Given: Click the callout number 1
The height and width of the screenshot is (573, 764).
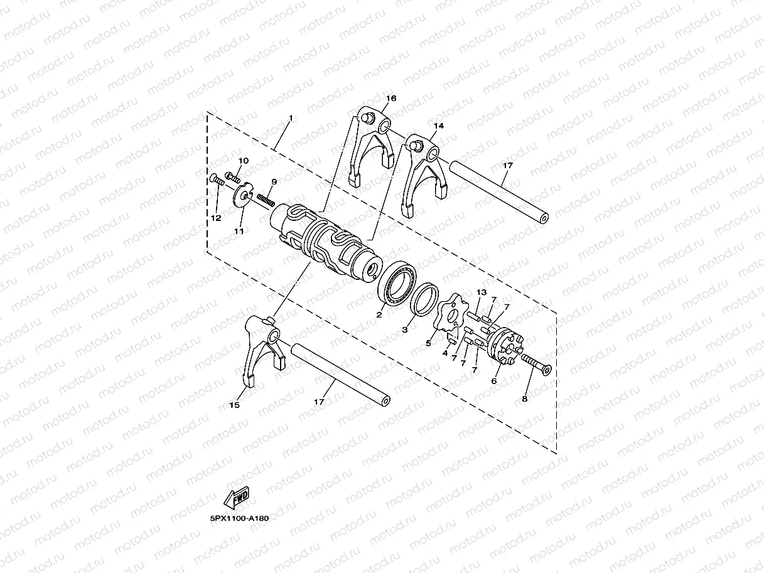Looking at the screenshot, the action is tap(291, 119).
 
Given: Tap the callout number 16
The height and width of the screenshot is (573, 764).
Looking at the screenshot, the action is tap(391, 99).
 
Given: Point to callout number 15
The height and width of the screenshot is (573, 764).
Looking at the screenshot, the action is tap(234, 405).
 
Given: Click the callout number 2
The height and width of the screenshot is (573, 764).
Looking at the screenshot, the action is tap(379, 315).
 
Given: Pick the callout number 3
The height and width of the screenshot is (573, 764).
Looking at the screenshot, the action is tap(406, 329).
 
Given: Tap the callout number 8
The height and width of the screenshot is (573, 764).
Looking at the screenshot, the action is tap(525, 398).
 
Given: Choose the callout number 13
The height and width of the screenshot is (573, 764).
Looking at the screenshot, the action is tap(482, 292).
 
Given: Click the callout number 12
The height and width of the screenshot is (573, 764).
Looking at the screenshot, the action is tap(216, 218).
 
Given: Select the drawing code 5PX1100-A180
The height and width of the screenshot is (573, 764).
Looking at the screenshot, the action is tap(240, 519).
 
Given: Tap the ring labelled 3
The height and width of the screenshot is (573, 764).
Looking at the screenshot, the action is tap(424, 299).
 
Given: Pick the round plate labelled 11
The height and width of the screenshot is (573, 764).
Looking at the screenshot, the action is tap(241, 195).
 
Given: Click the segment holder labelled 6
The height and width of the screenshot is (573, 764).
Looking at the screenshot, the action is tap(505, 348).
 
